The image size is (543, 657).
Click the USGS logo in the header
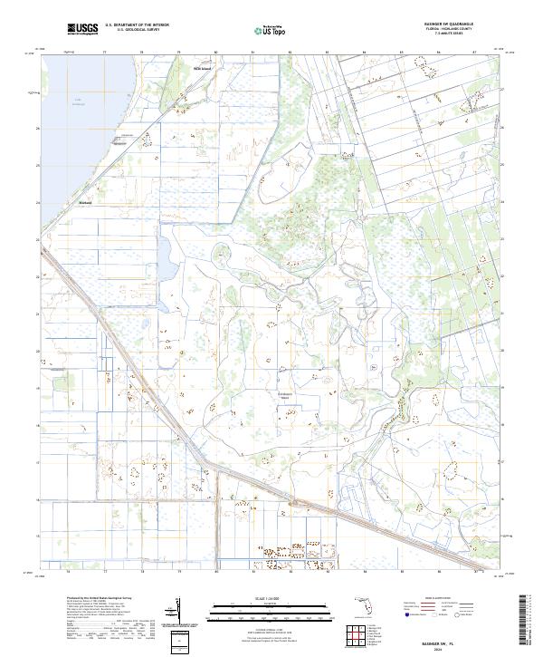pyautogui.click(x=82, y=29)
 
